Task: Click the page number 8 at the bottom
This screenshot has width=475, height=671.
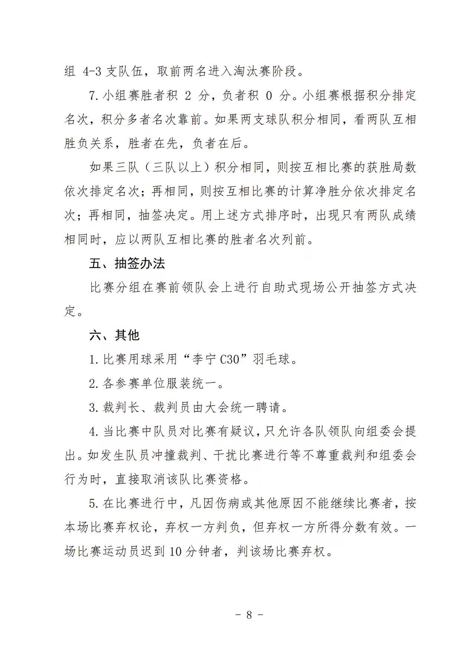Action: [x=249, y=615]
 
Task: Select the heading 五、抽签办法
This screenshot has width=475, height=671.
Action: [x=127, y=264]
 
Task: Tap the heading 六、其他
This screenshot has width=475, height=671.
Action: [x=114, y=335]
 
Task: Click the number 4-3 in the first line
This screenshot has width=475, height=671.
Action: [x=92, y=71]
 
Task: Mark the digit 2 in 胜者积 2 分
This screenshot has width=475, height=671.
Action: [x=188, y=96]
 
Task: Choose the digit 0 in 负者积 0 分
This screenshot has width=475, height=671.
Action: [x=269, y=96]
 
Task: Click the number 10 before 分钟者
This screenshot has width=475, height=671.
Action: [x=176, y=551]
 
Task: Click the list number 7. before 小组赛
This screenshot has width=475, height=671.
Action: [x=94, y=96]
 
